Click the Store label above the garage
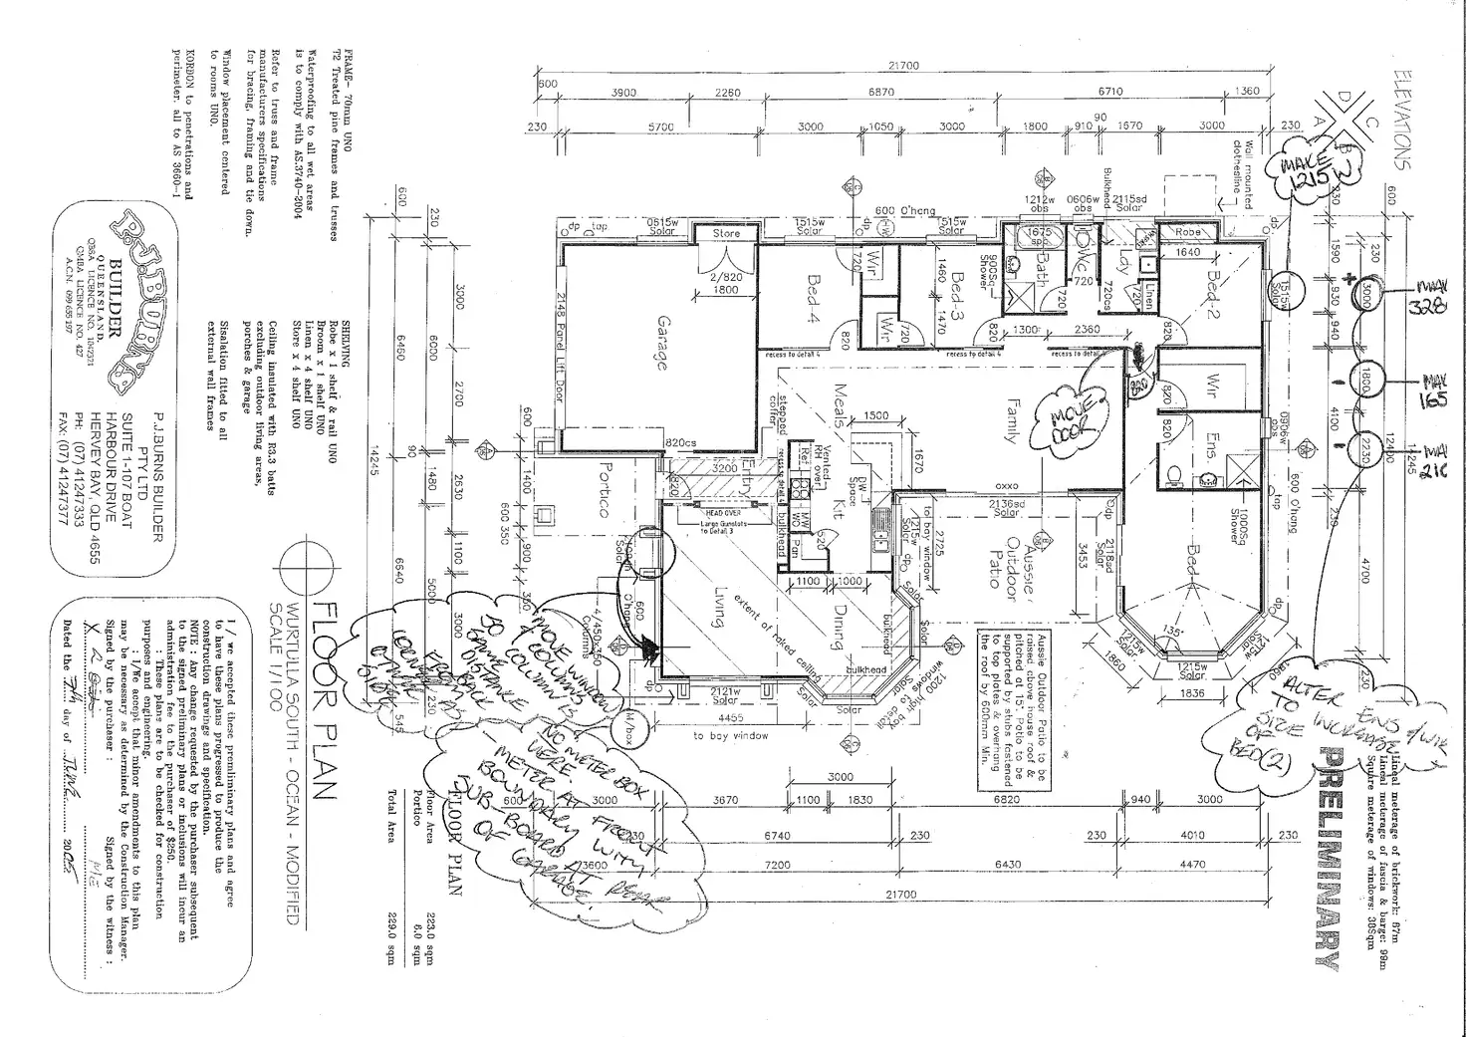coord(726,233)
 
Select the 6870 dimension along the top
coord(881,92)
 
